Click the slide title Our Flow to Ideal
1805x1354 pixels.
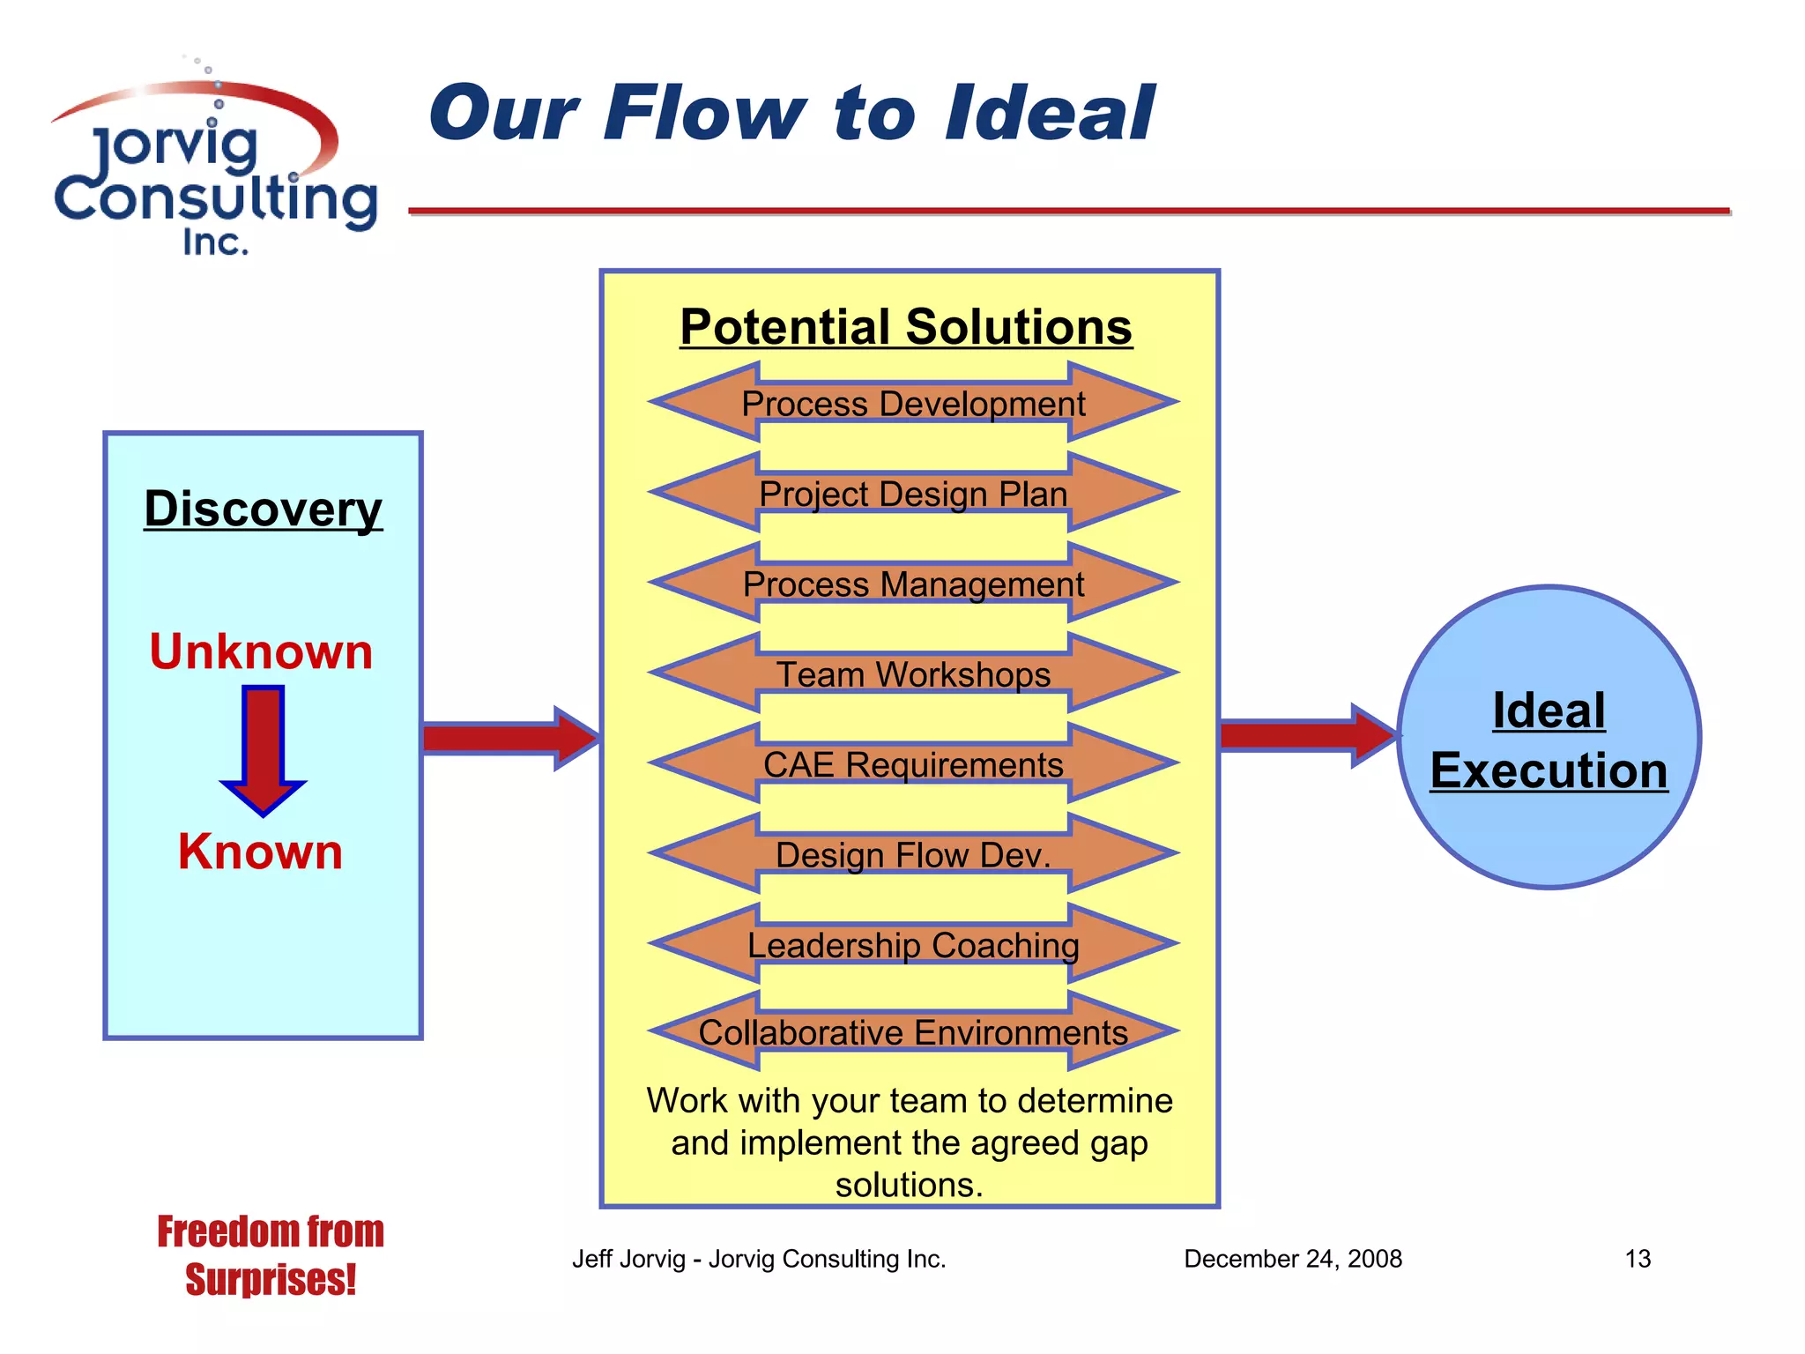791,113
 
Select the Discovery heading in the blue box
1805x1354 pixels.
263,509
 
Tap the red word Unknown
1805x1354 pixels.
261,652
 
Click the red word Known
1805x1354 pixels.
260,852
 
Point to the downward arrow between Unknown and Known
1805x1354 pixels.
263,749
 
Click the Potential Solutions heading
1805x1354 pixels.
906,327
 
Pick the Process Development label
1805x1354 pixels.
913,404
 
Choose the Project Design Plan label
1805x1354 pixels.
913,494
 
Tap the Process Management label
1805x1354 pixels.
913,584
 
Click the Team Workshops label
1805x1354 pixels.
913,674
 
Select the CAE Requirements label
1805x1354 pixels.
913,764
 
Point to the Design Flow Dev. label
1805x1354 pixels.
913,855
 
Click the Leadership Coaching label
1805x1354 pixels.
913,945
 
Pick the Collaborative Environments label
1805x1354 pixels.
913,1032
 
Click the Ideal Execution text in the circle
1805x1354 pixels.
1549,740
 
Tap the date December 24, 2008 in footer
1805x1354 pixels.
1292,1259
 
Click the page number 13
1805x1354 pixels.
1637,1259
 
